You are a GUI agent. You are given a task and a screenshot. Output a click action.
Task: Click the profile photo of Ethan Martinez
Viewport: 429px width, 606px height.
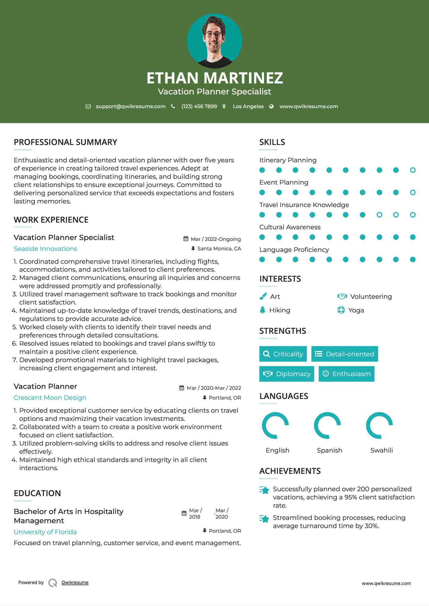[x=214, y=41]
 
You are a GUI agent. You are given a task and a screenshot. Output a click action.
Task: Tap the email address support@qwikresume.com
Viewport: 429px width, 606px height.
[x=130, y=106]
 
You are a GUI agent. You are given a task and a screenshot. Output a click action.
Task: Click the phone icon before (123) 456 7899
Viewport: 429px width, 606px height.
[x=173, y=106]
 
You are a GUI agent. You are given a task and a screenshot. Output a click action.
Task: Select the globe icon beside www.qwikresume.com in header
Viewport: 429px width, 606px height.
[x=271, y=106]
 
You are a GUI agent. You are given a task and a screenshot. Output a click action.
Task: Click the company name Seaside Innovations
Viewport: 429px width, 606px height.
[x=45, y=249]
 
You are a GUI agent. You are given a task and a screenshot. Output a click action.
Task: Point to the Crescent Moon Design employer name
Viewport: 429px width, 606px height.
[x=50, y=398]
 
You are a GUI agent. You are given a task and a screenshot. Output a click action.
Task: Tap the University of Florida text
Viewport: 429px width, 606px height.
[x=45, y=532]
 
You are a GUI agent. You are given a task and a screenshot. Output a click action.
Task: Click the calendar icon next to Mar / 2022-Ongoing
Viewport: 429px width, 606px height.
[x=186, y=239]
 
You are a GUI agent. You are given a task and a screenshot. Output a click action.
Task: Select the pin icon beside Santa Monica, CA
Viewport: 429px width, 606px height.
[x=193, y=248]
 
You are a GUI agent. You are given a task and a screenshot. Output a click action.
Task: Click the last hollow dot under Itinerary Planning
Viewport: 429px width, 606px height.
[x=413, y=170]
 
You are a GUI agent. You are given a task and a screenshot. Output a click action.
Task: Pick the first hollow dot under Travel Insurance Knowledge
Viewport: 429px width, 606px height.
[x=379, y=215]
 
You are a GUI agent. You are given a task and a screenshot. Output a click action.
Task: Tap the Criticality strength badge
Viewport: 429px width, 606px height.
[x=283, y=354]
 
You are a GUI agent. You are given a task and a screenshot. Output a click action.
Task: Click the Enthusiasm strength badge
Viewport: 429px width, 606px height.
[x=346, y=374]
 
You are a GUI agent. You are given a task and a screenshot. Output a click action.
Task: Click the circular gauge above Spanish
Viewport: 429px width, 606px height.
[x=327, y=425]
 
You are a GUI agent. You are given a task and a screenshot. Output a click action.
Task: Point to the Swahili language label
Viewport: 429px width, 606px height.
[x=381, y=450]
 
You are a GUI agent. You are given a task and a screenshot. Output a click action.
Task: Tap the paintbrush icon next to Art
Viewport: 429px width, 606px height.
[x=263, y=296]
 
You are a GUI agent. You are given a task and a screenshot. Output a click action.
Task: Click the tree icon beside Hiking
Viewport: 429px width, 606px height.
[x=263, y=310]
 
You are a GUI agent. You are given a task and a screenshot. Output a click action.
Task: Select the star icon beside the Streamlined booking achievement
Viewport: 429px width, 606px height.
[x=264, y=518]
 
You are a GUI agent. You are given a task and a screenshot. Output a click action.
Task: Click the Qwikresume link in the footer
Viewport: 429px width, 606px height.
[x=75, y=583]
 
